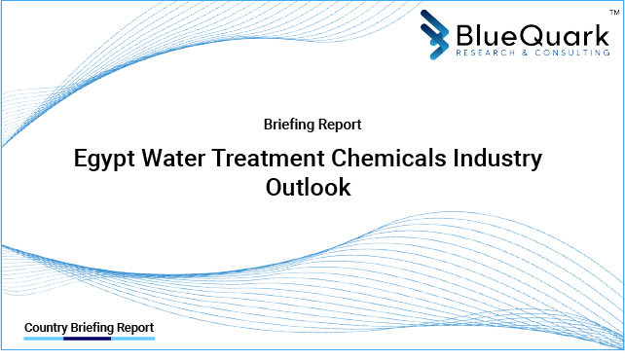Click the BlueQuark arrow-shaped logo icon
click(x=437, y=34)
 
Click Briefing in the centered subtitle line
click(x=289, y=125)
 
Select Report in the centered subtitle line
click(x=341, y=125)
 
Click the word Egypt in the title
click(x=106, y=159)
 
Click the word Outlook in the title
click(x=308, y=188)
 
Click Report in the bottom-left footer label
click(x=135, y=327)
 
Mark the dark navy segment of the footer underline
click(x=88, y=340)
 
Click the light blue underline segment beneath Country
click(x=43, y=340)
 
